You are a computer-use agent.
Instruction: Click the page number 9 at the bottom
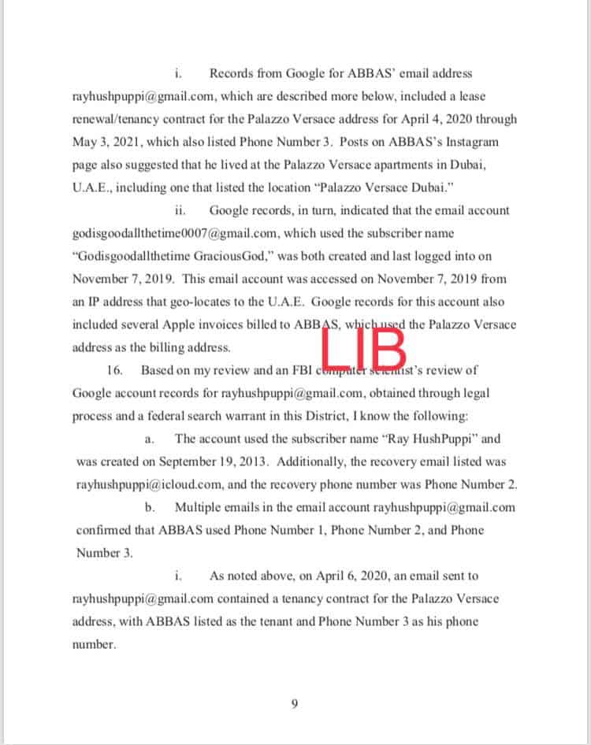[x=294, y=703]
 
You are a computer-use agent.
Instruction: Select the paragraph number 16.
[x=113, y=370]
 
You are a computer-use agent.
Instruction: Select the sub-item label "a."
[x=150, y=439]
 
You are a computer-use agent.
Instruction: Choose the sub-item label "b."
[x=150, y=507]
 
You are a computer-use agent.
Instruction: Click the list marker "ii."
[x=179, y=210]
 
